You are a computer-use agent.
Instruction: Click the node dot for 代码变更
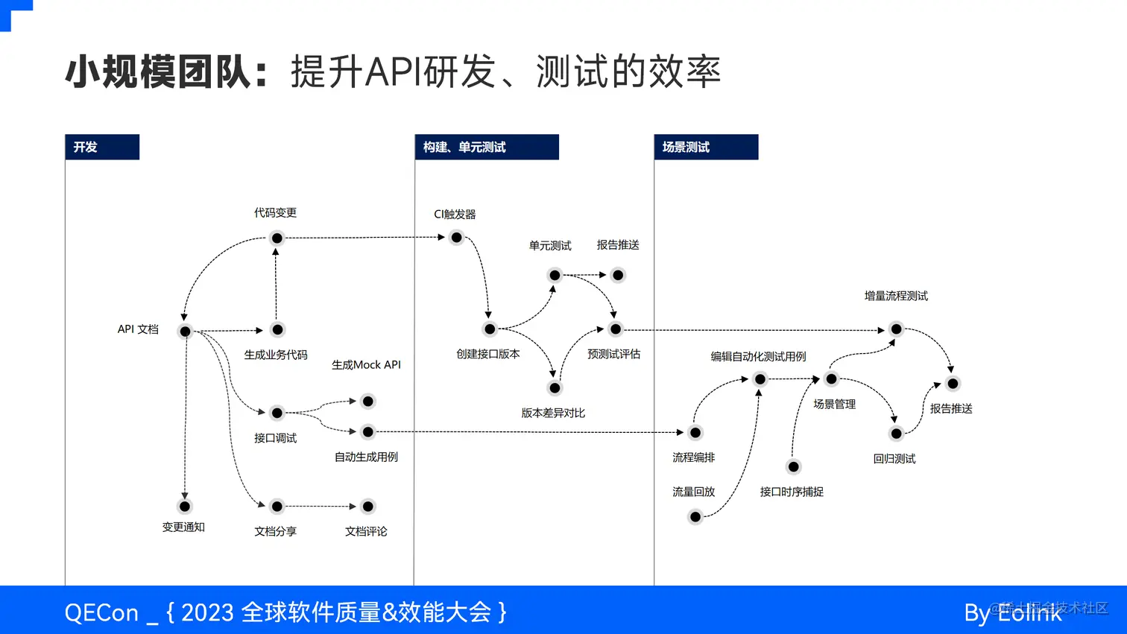277,238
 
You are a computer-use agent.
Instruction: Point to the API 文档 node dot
185,332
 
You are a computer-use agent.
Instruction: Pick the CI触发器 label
455,215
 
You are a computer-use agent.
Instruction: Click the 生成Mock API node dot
367,402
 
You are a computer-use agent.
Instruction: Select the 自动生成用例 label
366,457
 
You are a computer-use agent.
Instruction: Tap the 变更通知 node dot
185,507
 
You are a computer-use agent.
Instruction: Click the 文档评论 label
366,531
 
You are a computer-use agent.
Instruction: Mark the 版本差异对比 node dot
555,388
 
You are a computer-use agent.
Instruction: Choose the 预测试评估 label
613,354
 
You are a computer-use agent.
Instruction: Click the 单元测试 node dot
555,276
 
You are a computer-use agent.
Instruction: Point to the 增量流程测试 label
896,296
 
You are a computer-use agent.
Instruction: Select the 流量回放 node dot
695,517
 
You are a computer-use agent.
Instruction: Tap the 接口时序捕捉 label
792,492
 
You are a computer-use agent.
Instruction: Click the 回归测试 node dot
896,434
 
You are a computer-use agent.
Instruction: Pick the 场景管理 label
834,404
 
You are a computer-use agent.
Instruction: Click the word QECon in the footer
101,612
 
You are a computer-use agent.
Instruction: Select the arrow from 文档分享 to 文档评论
322,507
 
